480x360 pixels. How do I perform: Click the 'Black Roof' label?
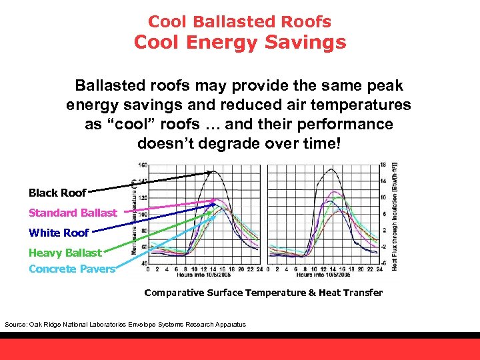tap(57, 193)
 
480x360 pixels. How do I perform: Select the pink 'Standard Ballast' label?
tap(72, 213)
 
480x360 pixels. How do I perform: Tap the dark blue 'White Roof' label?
tap(59, 233)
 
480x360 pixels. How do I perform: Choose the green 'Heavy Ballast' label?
tap(65, 253)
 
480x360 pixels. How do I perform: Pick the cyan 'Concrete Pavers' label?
tap(72, 269)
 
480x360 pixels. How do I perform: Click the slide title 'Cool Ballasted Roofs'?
tap(239, 21)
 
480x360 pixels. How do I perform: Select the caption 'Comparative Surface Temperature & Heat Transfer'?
tap(263, 293)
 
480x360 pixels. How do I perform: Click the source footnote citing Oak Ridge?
tap(125, 324)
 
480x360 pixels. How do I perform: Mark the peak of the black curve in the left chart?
tap(213, 171)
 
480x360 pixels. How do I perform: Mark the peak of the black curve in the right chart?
tap(327, 169)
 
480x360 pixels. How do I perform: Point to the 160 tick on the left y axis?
tap(143, 165)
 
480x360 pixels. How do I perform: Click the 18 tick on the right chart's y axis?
tap(383, 165)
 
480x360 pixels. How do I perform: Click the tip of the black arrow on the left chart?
tap(212, 172)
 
